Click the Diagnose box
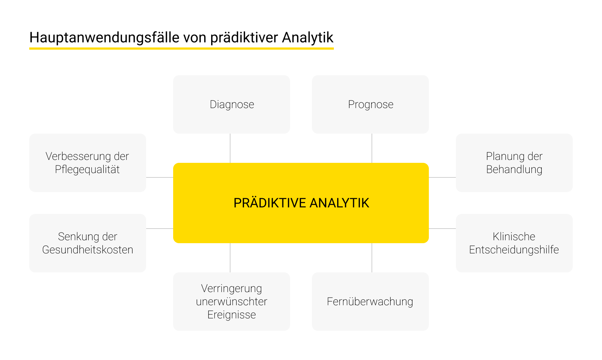(232, 104)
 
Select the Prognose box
(370, 104)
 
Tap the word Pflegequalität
(87, 169)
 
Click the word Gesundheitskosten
(88, 250)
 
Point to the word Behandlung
(514, 169)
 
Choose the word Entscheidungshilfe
(514, 250)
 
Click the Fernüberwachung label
(370, 302)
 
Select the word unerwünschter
(232, 302)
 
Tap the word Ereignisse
(232, 315)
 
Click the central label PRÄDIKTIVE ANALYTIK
(301, 203)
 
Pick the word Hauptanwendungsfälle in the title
(104, 38)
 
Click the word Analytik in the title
(308, 38)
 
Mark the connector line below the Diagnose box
(230, 148)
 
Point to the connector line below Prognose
(372, 148)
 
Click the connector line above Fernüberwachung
(372, 258)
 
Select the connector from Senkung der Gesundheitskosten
(160, 229)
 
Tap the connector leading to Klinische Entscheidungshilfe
(442, 229)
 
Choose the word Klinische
(514, 237)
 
